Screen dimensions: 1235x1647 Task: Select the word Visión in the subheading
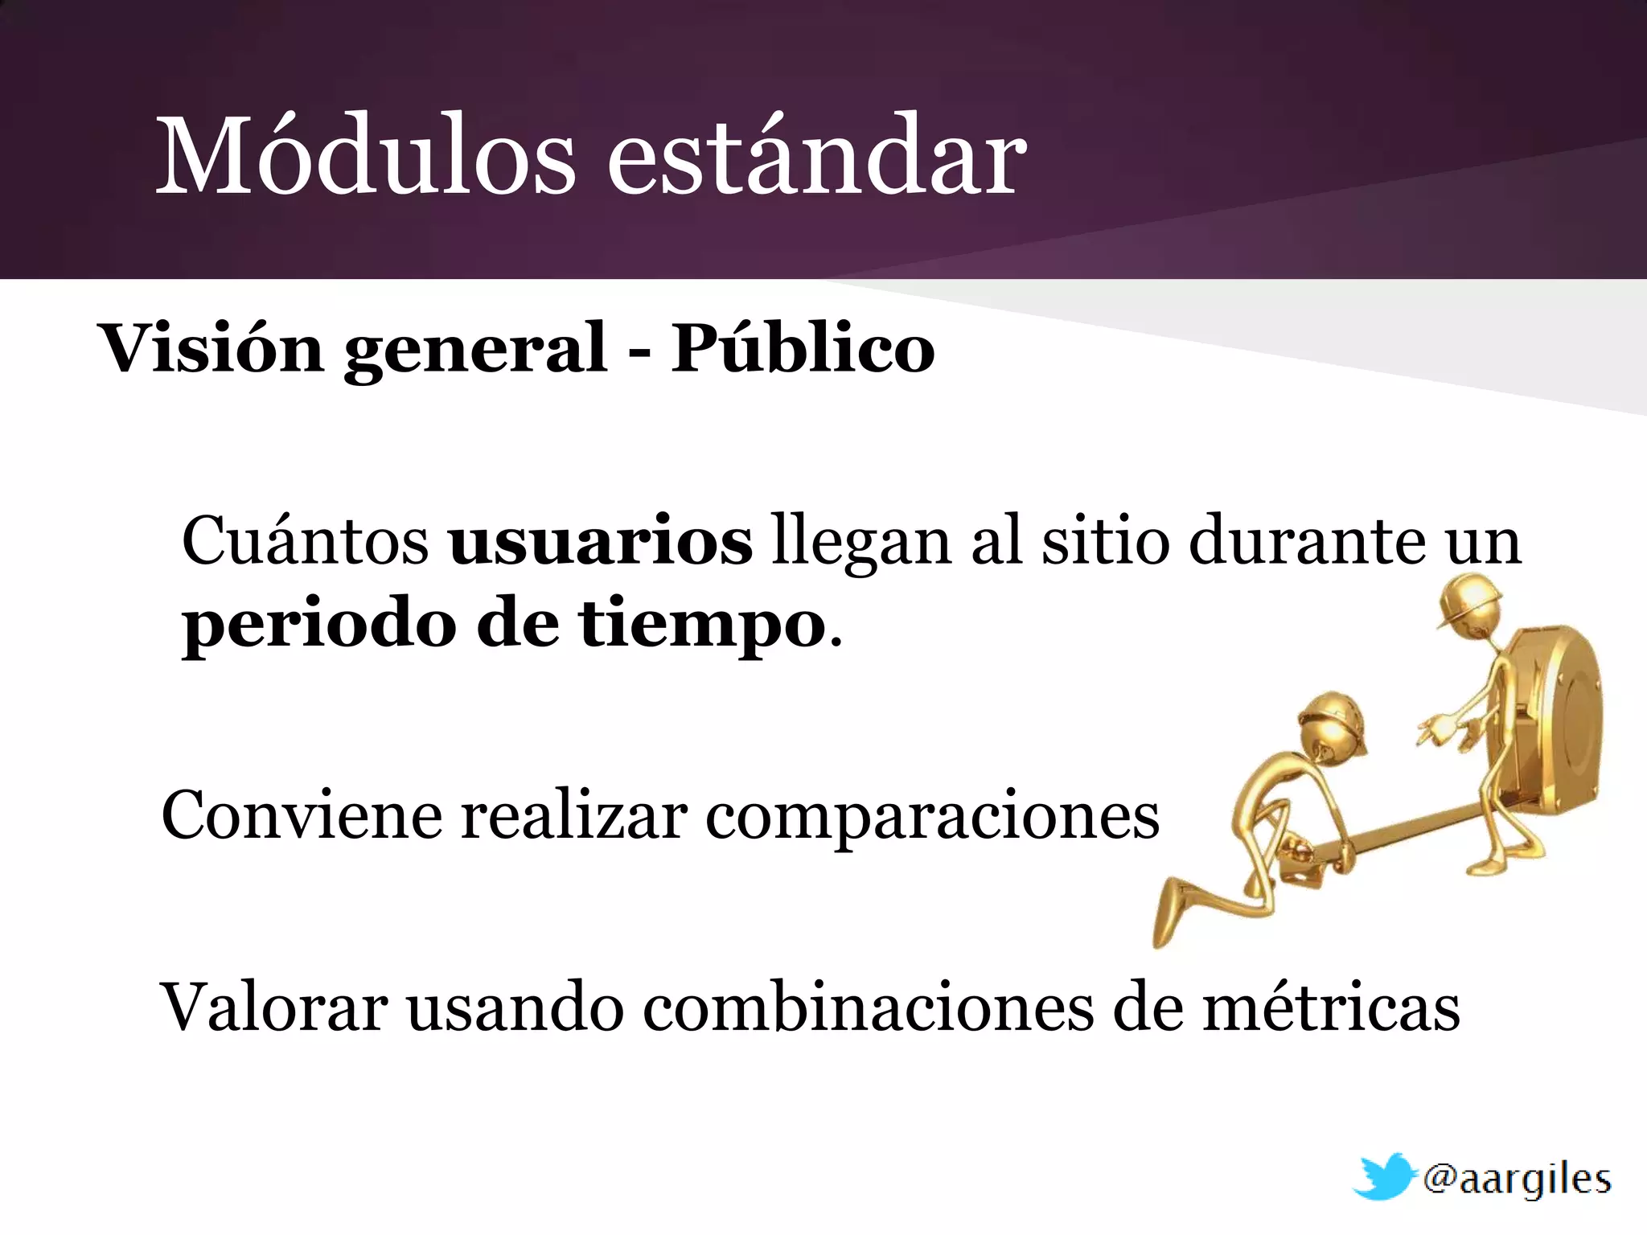[210, 349]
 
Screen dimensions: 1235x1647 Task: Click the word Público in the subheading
[803, 349]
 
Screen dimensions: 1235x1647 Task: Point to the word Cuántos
[306, 541]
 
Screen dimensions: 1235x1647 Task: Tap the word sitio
[1106, 541]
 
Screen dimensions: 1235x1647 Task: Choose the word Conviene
[302, 815]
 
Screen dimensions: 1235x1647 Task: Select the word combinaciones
[869, 1007]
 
